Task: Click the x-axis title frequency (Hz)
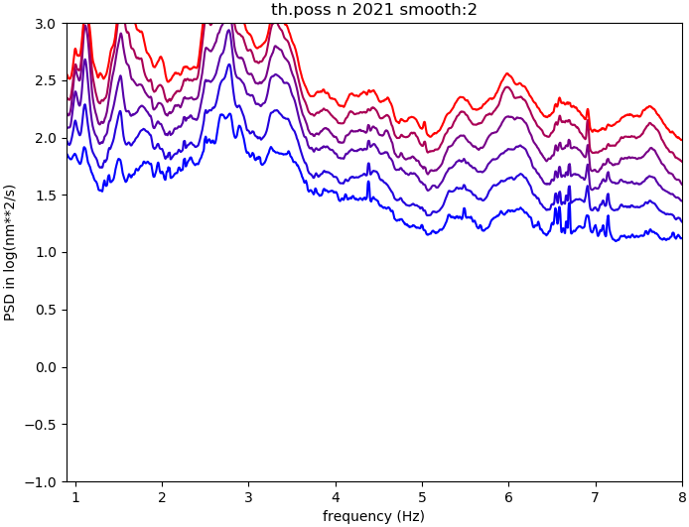coord(373,516)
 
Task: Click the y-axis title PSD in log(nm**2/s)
coord(10,252)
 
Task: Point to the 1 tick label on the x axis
coord(75,496)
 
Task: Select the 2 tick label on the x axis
coord(162,496)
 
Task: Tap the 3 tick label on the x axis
coord(248,496)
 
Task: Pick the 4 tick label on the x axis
coord(336,496)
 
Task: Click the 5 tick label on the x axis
coord(422,496)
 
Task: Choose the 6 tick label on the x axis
coord(509,496)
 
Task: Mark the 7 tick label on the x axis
coord(596,496)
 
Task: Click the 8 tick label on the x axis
coord(682,496)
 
